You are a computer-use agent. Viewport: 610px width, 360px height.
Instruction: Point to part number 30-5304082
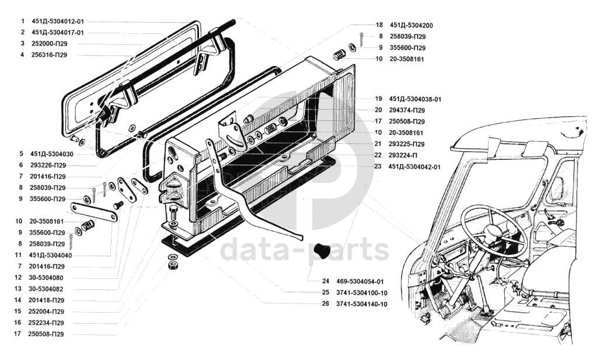pos(47,289)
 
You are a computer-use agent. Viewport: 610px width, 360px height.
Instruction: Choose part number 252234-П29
pos(48,323)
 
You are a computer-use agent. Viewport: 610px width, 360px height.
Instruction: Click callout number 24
pos(325,281)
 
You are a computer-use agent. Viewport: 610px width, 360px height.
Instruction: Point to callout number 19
pos(378,99)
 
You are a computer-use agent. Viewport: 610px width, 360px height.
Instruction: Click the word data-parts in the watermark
pos(304,251)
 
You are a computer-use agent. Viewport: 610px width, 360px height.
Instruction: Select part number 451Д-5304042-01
pos(415,167)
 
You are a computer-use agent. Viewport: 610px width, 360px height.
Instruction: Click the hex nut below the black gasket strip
pos(173,265)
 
